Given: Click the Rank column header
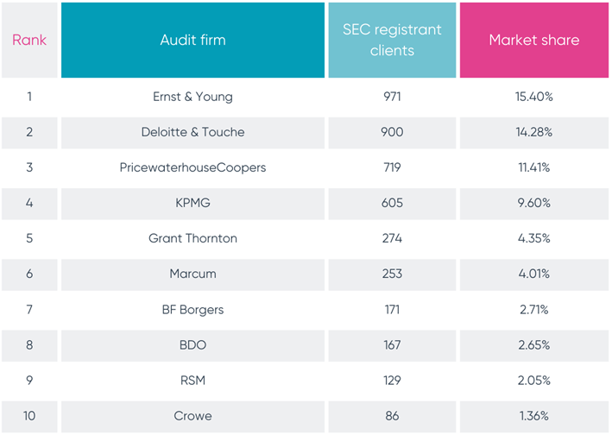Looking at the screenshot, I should pyautogui.click(x=29, y=40).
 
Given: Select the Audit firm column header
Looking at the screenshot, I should pyautogui.click(x=192, y=40).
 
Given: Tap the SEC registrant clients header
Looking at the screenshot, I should pyautogui.click(x=392, y=40).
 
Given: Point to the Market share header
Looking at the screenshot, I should pyautogui.click(x=533, y=40).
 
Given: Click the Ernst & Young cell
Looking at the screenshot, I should pyautogui.click(x=192, y=97).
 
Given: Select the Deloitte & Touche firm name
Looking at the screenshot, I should pyautogui.click(x=192, y=132).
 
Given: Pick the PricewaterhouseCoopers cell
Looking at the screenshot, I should pyautogui.click(x=192, y=167).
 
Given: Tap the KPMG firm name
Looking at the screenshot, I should pyautogui.click(x=192, y=203).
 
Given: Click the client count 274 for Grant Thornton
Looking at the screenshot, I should pyautogui.click(x=392, y=238).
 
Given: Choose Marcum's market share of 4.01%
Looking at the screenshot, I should pyautogui.click(x=533, y=274).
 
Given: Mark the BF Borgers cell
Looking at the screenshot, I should pyautogui.click(x=192, y=309).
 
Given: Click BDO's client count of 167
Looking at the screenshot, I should pyautogui.click(x=392, y=344).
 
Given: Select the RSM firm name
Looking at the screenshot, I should pyautogui.click(x=192, y=380).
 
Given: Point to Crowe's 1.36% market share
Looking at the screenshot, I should pyautogui.click(x=533, y=415).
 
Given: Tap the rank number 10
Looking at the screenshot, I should pyautogui.click(x=29, y=415).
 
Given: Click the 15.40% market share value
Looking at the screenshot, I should pyautogui.click(x=533, y=97).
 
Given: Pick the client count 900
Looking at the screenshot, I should pyautogui.click(x=392, y=132).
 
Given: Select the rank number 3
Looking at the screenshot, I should pyautogui.click(x=29, y=167).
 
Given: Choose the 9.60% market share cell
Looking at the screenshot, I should pyautogui.click(x=533, y=203).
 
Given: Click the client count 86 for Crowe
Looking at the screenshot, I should pyautogui.click(x=392, y=415).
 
